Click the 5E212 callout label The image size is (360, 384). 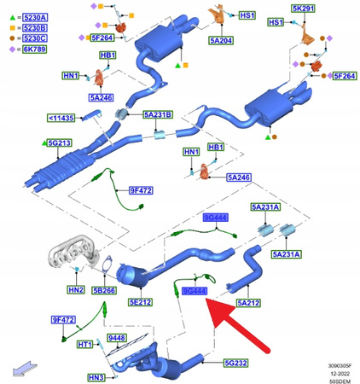click(140, 301)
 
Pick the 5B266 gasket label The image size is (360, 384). click(104, 290)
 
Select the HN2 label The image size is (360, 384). click(75, 290)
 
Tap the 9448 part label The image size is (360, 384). click(114, 339)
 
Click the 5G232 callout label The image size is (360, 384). click(235, 364)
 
